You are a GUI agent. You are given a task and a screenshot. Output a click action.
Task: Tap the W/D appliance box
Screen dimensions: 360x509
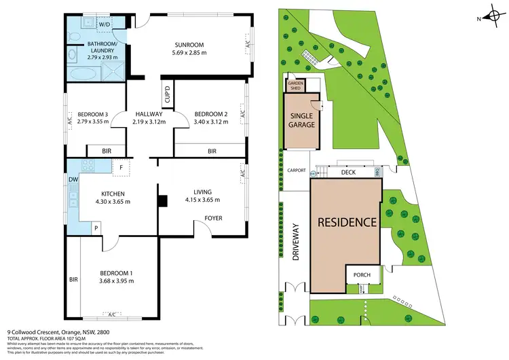105,24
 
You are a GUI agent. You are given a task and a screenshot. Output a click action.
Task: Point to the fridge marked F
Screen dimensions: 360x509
121,166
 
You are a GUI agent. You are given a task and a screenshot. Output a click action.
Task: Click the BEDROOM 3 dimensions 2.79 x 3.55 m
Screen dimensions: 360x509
93,122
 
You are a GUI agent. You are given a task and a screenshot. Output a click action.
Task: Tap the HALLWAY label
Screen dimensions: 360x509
149,113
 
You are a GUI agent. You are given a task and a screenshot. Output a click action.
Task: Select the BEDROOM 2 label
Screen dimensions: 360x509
210,113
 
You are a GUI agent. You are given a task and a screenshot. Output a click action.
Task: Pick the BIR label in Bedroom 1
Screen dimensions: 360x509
73,279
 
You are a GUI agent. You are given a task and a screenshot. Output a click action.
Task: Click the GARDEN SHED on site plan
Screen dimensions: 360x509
297,85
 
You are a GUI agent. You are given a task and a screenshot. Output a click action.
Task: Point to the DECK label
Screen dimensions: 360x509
348,173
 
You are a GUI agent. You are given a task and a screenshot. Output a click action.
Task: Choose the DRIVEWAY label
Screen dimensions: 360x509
297,242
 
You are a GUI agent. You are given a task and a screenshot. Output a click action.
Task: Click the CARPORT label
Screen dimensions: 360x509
297,170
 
